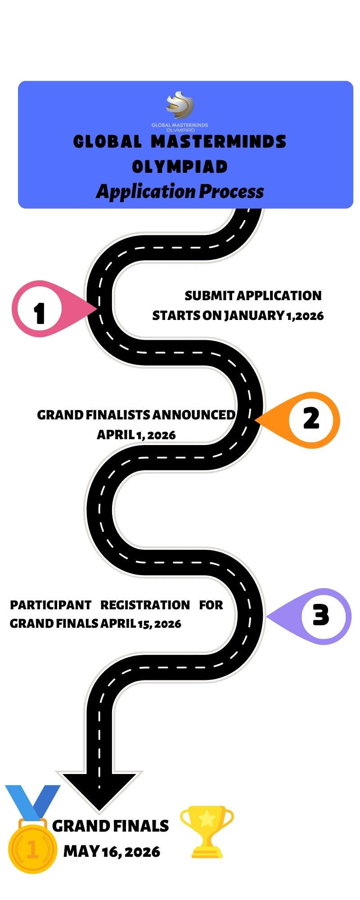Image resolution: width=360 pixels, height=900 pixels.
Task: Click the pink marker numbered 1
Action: [x=40, y=310]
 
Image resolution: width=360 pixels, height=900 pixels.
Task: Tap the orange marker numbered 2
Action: [x=310, y=419]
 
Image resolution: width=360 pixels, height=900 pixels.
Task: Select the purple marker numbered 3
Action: [x=320, y=616]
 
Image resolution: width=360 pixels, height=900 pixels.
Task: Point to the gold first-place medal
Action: [x=32, y=849]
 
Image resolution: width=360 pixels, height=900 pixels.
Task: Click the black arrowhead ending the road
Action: [x=99, y=790]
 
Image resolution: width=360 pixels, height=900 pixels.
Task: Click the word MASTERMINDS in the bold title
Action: [x=218, y=142]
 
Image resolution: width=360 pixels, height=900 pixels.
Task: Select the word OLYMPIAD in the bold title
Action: [x=180, y=166]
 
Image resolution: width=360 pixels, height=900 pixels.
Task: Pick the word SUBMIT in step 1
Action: [x=209, y=296]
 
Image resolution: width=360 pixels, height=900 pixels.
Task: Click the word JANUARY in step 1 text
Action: [x=254, y=315]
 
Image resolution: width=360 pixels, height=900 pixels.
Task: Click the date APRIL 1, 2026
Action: [x=136, y=435]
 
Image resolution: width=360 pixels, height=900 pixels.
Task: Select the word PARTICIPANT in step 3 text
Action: [x=50, y=605]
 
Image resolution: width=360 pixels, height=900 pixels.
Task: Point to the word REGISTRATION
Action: [x=145, y=605]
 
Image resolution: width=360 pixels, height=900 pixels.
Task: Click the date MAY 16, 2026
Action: [x=112, y=851]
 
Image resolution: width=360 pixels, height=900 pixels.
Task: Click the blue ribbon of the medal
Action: [x=31, y=801]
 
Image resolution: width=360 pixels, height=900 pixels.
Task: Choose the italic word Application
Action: [x=146, y=192]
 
